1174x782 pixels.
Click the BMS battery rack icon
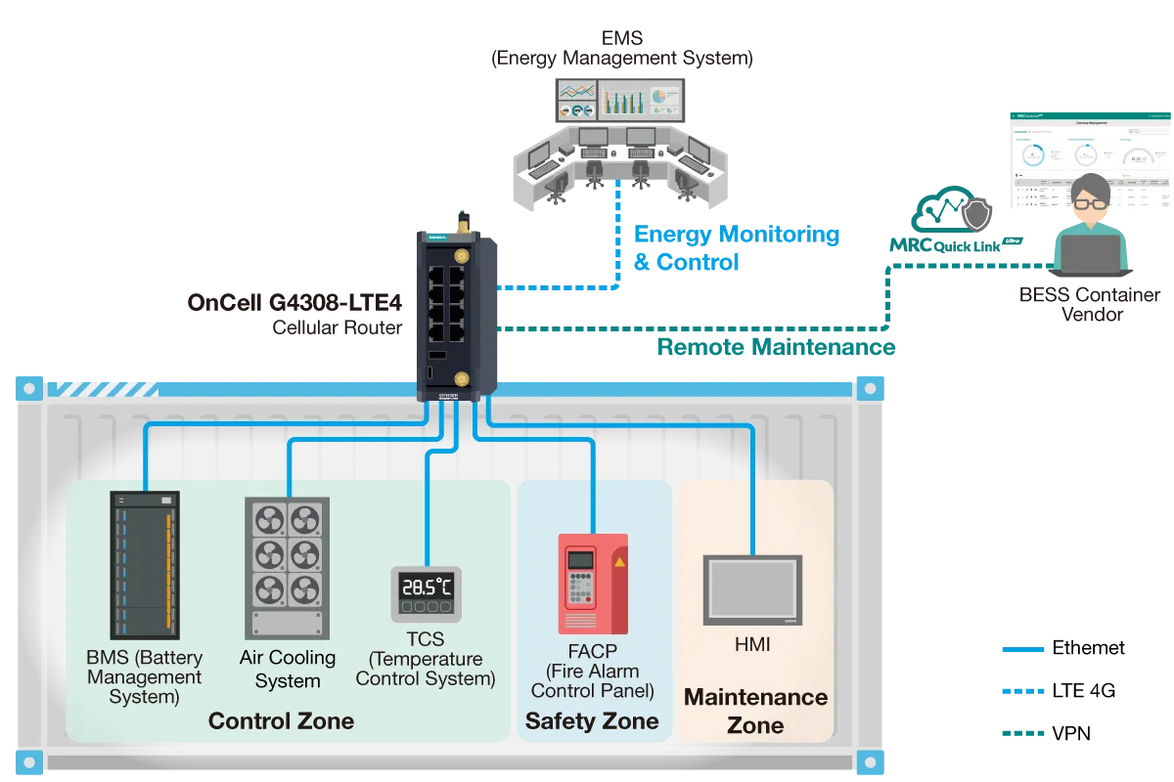coord(144,565)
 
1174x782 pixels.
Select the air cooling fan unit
coord(287,567)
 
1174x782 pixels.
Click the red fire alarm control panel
coord(592,584)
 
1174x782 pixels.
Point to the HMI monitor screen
coord(752,590)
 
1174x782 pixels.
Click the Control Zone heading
coord(281,722)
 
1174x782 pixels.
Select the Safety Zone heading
coord(592,722)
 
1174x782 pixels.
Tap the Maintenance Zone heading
coord(755,711)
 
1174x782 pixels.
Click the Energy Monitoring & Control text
coord(736,248)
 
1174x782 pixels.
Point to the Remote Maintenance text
coord(776,347)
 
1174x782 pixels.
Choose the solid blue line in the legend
coord(1024,649)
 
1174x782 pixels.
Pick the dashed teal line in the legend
coord(1024,733)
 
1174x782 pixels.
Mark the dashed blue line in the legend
coord(1024,691)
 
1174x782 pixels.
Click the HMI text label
coord(752,645)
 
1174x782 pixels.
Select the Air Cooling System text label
coord(287,670)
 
